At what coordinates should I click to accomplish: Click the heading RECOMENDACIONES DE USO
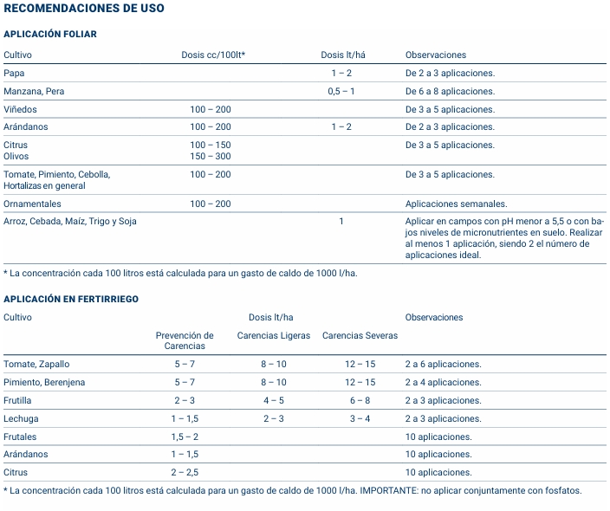pos(84,9)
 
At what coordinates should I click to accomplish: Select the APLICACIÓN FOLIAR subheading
pos(50,35)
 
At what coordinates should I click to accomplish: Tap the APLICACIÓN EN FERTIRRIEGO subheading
pos(71,299)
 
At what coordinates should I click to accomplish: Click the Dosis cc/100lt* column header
pos(213,55)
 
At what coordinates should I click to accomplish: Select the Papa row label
pos(14,73)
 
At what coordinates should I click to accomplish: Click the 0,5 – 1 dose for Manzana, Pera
pos(341,91)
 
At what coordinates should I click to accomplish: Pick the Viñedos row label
pos(21,109)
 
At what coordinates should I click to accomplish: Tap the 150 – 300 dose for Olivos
pos(211,157)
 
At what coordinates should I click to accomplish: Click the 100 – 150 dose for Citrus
pos(211,145)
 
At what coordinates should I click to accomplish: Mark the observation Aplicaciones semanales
pos(456,204)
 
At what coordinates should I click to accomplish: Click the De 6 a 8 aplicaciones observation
pos(450,91)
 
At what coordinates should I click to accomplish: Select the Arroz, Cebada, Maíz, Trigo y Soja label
pos(70,221)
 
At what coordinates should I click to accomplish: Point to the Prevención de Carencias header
pos(185,340)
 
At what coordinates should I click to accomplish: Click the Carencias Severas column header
pos(360,335)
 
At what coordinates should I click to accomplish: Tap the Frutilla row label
pos(18,400)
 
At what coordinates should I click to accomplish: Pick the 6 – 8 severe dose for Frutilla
pos(360,400)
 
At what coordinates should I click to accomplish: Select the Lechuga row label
pos(21,418)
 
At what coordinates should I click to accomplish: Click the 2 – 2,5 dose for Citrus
pos(185,472)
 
